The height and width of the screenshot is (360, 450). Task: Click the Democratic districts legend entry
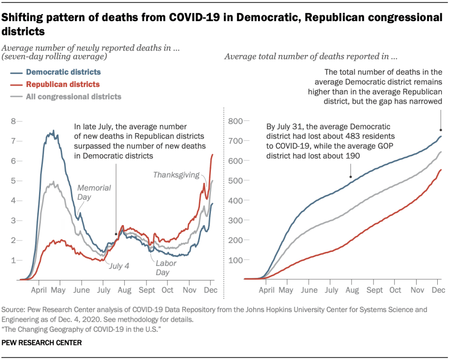pyautogui.click(x=63, y=72)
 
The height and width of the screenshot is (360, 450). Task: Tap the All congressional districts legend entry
pyautogui.click(x=73, y=97)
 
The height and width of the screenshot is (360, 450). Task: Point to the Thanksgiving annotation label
pyautogui.click(x=176, y=175)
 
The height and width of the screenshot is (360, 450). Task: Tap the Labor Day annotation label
pyautogui.click(x=166, y=268)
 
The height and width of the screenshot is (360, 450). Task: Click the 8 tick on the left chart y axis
pyautogui.click(x=14, y=121)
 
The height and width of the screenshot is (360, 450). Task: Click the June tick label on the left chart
pyautogui.click(x=81, y=290)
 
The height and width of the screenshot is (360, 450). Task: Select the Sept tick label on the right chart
pyautogui.click(x=374, y=290)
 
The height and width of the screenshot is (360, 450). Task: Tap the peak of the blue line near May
pyautogui.click(x=53, y=131)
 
